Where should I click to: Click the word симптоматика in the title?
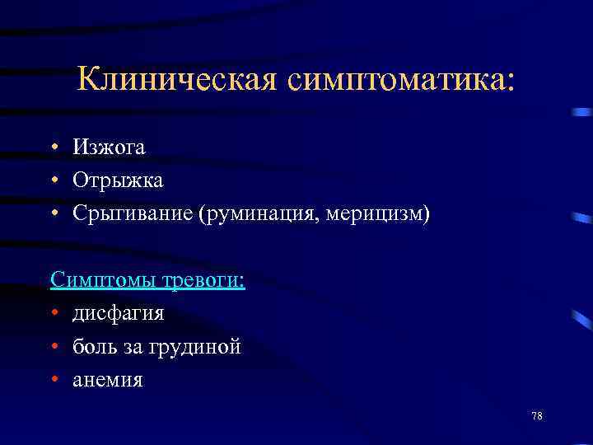click(399, 80)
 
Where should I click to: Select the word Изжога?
click(109, 148)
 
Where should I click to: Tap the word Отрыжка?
click(118, 180)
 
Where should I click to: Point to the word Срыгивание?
click(132, 214)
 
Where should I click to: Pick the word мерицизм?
click(378, 214)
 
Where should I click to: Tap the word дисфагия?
click(118, 314)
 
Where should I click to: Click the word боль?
click(93, 347)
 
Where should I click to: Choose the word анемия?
click(107, 380)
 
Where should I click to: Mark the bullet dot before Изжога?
click(54, 148)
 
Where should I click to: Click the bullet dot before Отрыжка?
click(54, 180)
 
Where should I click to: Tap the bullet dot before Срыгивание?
click(54, 214)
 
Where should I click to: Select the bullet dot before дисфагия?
click(54, 314)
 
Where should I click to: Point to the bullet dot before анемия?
click(54, 381)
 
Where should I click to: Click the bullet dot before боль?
click(54, 347)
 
